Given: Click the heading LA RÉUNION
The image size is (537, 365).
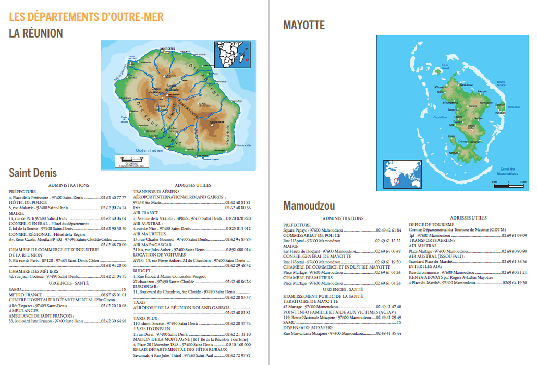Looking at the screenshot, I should [36, 33].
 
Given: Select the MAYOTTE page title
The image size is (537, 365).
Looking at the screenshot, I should [304, 25].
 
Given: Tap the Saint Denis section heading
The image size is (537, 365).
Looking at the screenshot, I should [33, 173].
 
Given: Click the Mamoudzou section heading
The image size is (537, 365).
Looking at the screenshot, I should [309, 205].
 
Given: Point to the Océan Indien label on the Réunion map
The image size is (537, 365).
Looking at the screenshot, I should [150, 150].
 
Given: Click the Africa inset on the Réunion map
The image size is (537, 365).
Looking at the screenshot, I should [233, 54].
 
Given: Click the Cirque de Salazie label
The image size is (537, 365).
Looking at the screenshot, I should [173, 88].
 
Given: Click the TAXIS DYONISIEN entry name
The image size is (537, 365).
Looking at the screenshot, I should [152, 329].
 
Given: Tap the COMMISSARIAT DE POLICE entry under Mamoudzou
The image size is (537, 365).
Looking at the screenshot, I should [311, 235].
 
